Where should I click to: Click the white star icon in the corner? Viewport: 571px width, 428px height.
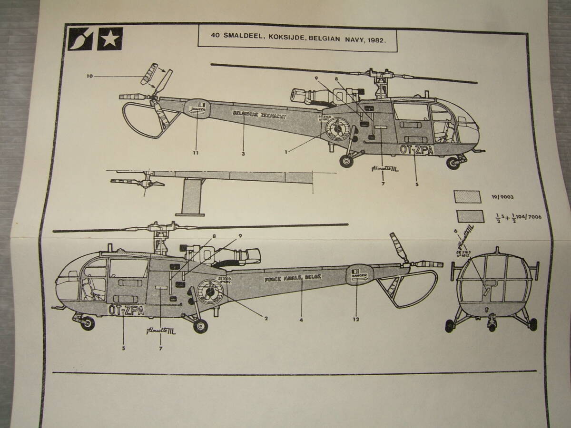pos(110,39)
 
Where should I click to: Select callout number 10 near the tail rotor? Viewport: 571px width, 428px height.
pos(90,75)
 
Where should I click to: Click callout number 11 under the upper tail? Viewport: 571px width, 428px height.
pos(196,153)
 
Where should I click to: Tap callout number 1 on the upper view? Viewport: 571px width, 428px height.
pos(286,153)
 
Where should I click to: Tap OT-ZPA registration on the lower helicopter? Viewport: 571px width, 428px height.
pos(126,310)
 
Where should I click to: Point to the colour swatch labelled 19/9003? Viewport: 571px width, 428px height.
pos(469,196)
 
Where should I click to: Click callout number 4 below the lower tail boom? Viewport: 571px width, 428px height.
pos(301,320)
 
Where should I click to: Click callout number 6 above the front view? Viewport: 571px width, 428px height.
pos(455,230)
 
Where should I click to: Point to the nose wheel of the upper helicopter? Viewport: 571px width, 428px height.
pos(453,164)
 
